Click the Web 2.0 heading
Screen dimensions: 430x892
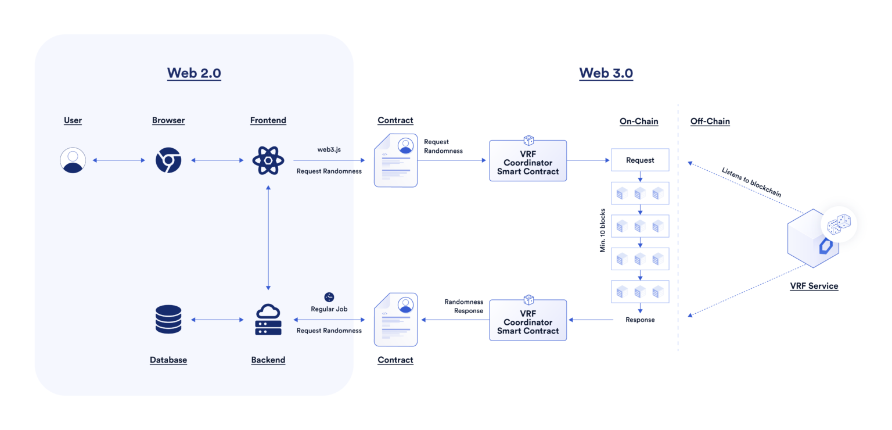[194, 73]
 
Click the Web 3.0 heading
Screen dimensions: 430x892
[606, 73]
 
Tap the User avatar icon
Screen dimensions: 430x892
[73, 160]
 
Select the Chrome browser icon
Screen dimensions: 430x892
[168, 160]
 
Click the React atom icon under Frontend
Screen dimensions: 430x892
[268, 160]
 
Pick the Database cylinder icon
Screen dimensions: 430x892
[168, 320]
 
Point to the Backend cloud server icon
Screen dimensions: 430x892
[268, 320]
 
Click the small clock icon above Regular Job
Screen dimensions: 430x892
[329, 297]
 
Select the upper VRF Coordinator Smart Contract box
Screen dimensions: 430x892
[528, 161]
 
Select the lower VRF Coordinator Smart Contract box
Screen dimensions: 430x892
[528, 320]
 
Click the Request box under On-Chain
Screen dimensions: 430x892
[640, 160]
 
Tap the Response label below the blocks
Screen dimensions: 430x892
[640, 320]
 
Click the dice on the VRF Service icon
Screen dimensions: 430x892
[839, 224]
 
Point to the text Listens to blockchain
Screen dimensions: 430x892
[751, 182]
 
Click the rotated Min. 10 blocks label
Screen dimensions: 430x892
[603, 230]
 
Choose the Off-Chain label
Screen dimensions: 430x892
[710, 121]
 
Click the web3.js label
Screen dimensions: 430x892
[329, 149]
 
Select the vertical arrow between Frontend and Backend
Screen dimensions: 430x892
[268, 238]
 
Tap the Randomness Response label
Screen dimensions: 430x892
[463, 306]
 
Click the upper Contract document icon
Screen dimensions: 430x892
[395, 160]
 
